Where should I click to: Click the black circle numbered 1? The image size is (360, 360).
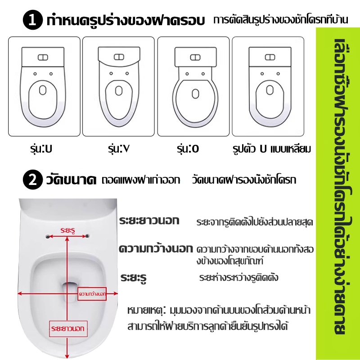33,20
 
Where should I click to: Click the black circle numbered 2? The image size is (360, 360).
33,180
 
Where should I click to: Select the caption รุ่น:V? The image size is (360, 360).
119,148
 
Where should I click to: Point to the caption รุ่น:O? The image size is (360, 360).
188,148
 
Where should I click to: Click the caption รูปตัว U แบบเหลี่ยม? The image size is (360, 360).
272,149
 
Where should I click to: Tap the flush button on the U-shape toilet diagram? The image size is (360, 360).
43,58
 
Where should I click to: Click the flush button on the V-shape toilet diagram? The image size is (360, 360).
119,57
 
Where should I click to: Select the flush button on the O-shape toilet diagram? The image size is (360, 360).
195,58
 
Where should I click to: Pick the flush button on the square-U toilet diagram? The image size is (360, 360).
270,57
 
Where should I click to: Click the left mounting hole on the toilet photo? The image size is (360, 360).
48,237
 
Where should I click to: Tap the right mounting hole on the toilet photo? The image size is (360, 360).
87,236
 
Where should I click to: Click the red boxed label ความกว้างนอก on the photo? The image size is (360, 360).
92,294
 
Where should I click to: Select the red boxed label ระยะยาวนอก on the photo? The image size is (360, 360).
68,329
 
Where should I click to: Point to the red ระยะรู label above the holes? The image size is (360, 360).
68,230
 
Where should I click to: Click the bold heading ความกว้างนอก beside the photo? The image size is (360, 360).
156,249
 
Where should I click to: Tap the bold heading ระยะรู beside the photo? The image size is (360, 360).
133,278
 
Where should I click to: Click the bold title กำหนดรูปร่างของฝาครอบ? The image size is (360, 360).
126,20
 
